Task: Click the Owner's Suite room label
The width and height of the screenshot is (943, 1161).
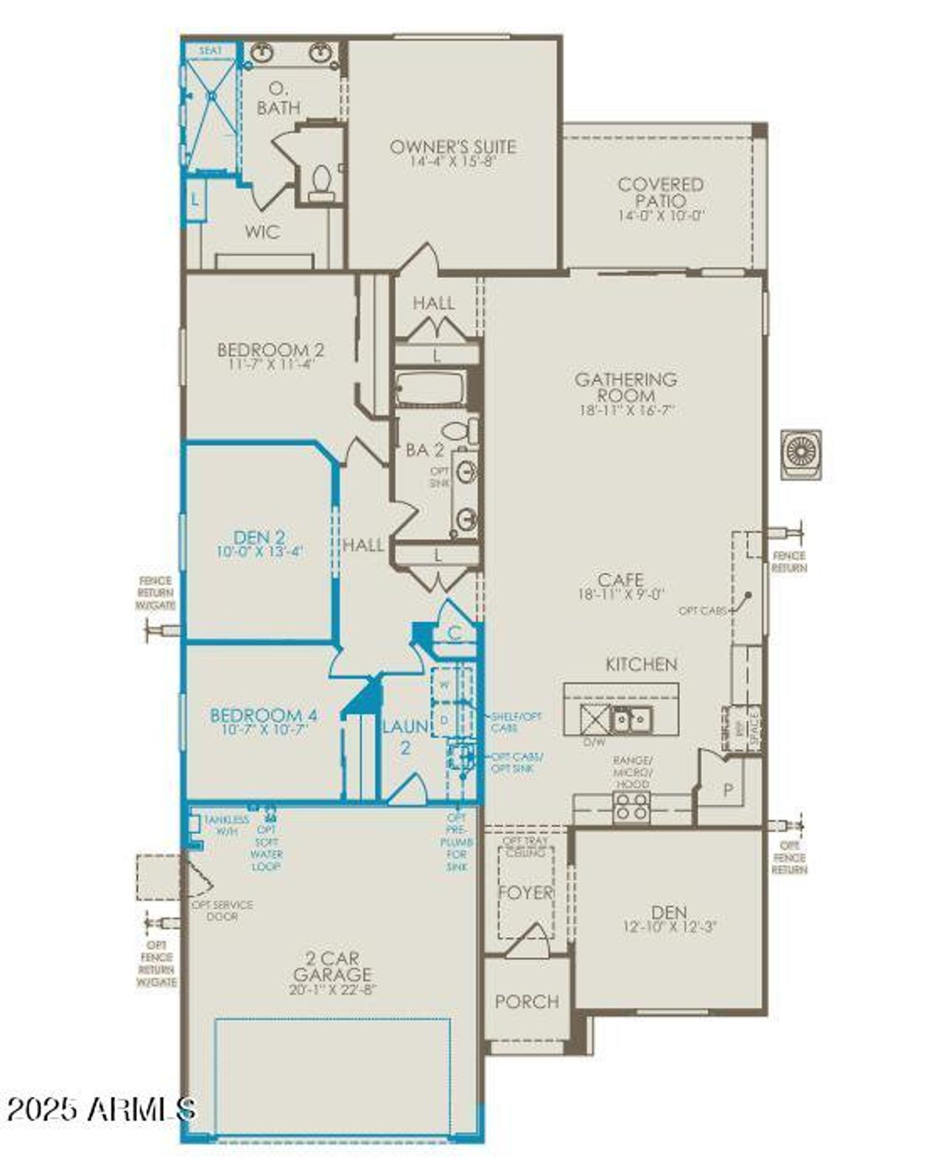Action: [452, 147]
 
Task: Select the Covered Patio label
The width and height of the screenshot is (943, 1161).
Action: [660, 192]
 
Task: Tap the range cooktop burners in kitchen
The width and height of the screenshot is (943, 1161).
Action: [632, 807]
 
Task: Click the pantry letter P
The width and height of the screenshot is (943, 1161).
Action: [728, 791]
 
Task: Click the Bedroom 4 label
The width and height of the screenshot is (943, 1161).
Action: [264, 715]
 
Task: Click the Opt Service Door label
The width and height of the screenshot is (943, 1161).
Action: [222, 910]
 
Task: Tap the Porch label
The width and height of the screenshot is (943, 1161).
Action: [527, 1001]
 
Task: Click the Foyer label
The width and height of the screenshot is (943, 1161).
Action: [525, 892]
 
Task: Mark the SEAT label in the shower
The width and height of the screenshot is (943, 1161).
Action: [210, 51]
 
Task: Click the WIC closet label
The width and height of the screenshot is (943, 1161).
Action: [262, 232]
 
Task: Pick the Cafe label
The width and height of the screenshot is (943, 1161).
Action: [620, 579]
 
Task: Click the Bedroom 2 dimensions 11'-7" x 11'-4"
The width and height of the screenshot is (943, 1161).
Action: [270, 364]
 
